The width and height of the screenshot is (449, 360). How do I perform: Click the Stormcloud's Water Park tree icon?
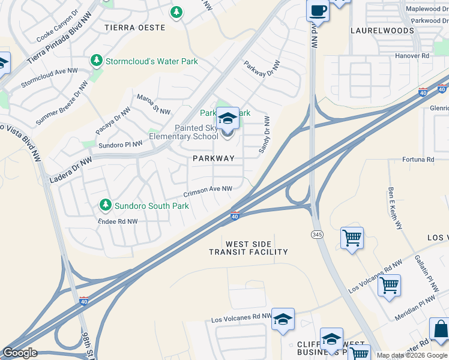(96, 61)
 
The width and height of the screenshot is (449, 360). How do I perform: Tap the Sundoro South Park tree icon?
(106, 205)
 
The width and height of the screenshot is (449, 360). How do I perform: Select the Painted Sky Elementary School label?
(196, 132)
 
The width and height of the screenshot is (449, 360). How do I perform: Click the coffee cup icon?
(318, 11)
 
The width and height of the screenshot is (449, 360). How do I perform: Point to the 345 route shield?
(316, 233)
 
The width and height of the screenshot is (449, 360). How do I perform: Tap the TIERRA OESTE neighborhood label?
(134, 28)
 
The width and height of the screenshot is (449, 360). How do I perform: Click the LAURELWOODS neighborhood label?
(382, 31)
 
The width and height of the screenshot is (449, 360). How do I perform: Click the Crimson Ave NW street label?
(208, 191)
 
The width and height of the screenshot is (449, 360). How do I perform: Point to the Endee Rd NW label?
(118, 221)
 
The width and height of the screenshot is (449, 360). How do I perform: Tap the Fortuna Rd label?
(418, 160)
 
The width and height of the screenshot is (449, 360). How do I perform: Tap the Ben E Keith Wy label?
(395, 207)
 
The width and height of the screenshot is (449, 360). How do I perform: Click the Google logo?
(20, 353)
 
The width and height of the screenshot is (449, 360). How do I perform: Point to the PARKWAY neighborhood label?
(213, 158)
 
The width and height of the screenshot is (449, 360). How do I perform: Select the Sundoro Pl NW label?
(121, 144)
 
